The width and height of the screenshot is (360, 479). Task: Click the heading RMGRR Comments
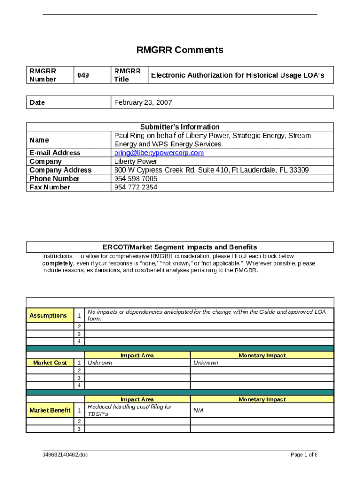coord(180,50)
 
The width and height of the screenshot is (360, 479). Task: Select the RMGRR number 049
coord(83,75)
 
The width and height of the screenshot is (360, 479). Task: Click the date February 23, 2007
coord(143,102)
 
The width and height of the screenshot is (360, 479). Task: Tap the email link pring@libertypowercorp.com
coord(159,153)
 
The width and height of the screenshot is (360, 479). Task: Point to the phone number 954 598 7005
coord(136,179)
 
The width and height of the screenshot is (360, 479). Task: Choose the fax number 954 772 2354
coord(136,187)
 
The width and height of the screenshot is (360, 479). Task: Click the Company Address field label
coord(60,170)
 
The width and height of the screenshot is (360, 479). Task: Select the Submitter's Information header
coord(180,127)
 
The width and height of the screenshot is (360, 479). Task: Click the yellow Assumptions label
coord(48,316)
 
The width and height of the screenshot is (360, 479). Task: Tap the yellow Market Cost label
coord(50,363)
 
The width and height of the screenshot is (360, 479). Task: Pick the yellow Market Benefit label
coord(50,411)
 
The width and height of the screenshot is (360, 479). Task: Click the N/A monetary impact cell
coord(198,411)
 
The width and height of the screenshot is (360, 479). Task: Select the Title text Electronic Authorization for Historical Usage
coord(237,75)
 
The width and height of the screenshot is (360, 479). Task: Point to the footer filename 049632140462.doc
coord(65,455)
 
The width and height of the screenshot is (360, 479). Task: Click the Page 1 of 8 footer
coord(304,455)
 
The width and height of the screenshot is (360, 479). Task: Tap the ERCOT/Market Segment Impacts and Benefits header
coord(180,247)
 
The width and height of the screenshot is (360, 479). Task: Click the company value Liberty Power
coord(136,161)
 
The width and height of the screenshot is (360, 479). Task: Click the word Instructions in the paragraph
coord(58,256)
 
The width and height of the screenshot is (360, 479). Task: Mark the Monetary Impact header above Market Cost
coord(262,356)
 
